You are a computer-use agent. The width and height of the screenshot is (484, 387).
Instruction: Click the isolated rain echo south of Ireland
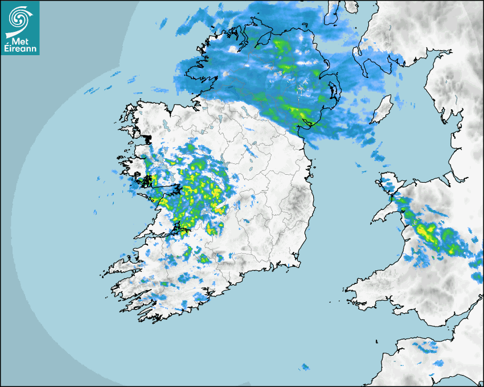tap(305, 367)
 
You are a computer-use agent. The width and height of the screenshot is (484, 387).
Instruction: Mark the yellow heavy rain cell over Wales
tap(426, 232)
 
